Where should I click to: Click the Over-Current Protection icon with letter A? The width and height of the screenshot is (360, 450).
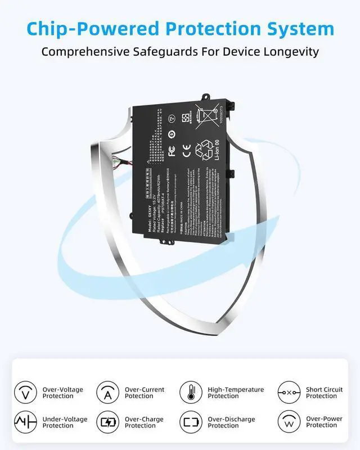[x=107, y=392]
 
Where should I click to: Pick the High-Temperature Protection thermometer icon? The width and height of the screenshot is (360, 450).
[x=191, y=392]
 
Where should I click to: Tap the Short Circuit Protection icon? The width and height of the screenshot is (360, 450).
[x=289, y=392]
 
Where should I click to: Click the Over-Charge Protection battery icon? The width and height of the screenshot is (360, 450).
[x=107, y=422]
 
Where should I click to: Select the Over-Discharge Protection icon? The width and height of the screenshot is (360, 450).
[x=191, y=422]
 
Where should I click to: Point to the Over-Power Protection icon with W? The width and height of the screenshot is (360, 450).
[x=289, y=422]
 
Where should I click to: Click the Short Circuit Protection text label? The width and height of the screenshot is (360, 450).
[x=324, y=392]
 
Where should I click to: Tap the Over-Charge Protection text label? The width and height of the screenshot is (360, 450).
[x=145, y=422]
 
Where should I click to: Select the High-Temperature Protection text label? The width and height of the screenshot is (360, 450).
[x=236, y=392]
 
